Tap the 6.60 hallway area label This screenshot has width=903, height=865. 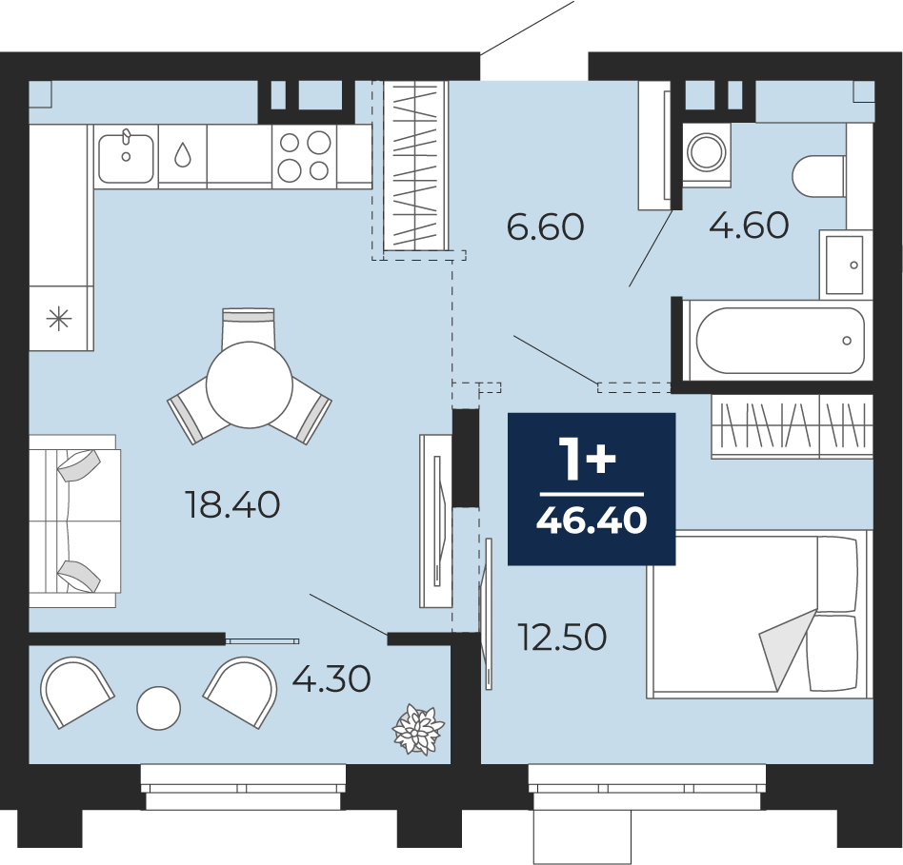546,226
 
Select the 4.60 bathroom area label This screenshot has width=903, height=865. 749,225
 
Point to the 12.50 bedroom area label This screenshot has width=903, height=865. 562,638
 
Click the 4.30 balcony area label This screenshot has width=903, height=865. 331,678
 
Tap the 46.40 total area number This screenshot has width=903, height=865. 592,521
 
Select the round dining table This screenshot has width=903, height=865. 250,384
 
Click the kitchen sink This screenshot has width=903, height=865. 126,156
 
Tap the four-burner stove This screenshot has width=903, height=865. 304,156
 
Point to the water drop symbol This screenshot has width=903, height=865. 183,154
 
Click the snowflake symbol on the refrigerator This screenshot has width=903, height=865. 59,318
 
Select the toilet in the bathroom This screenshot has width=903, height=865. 819,175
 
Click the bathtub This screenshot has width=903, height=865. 780,340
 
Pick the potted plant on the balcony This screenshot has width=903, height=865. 417,729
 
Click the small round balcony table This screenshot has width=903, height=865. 158,708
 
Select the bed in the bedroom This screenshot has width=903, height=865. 759,615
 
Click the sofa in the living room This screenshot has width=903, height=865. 74,521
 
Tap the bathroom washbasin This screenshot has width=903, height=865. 845,265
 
